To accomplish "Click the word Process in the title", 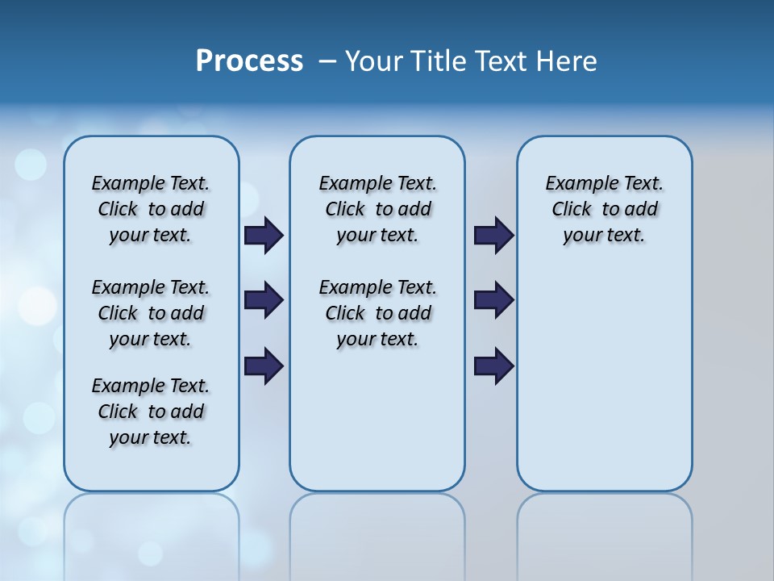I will click(x=249, y=61).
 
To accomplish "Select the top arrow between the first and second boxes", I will click(x=264, y=235).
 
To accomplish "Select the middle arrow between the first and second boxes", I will click(x=264, y=300).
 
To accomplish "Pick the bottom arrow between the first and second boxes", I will click(x=264, y=366).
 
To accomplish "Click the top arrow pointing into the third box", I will click(x=493, y=235).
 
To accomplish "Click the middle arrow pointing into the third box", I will click(x=493, y=300).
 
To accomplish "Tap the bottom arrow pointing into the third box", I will click(x=493, y=366).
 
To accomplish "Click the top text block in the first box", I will click(x=151, y=209).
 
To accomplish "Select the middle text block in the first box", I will click(x=151, y=313).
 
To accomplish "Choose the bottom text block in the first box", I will click(x=151, y=412).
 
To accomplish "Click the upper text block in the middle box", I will click(x=377, y=209).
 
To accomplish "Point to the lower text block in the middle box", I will click(x=377, y=313).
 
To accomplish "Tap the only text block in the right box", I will click(x=604, y=209).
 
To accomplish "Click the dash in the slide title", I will click(x=327, y=61).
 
